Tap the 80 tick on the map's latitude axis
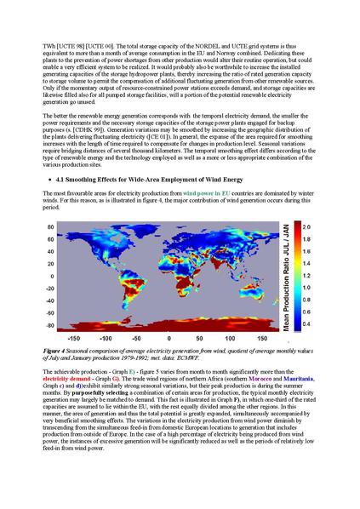tap(51, 228)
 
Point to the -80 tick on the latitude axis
tap(49, 325)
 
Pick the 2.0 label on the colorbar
tap(331, 228)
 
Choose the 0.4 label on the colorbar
tap(331, 324)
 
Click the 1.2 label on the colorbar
tap(331, 277)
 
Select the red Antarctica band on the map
tap(170, 325)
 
